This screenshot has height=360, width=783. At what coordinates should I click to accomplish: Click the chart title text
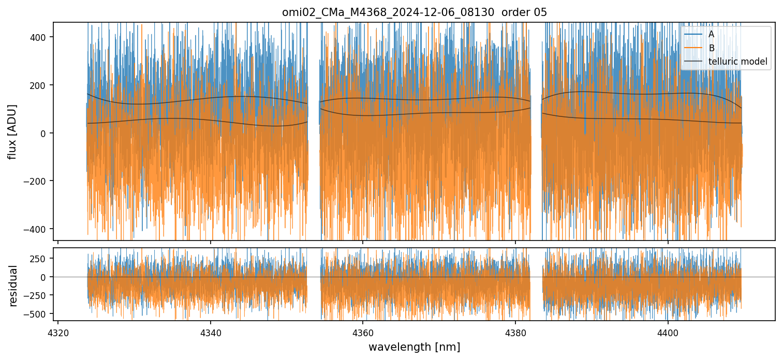pyautogui.click(x=414, y=12)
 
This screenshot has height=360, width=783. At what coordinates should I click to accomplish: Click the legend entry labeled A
pyautogui.click(x=711, y=34)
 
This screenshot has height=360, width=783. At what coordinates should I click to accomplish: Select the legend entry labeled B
pyautogui.click(x=711, y=48)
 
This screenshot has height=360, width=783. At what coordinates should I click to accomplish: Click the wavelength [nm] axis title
pyautogui.click(x=414, y=347)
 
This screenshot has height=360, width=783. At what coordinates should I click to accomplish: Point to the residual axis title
pyautogui.click(x=13, y=286)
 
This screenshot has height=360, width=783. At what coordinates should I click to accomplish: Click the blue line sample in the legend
pyautogui.click(x=693, y=34)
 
